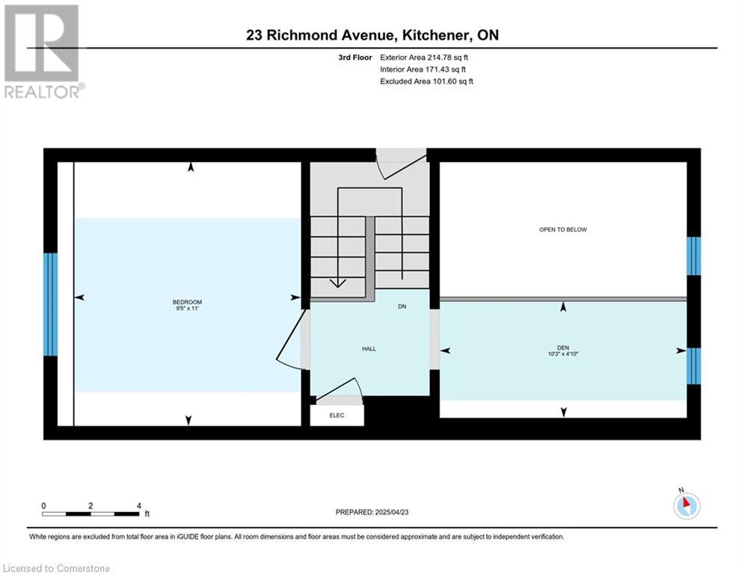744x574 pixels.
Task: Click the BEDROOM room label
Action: click(x=187, y=302)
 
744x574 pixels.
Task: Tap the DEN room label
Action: click(x=563, y=348)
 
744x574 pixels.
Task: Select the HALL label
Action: click(x=369, y=349)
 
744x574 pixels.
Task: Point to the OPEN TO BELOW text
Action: click(x=563, y=229)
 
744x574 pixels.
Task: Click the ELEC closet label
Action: click(x=337, y=416)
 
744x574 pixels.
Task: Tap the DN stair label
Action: click(x=402, y=306)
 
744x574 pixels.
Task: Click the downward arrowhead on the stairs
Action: click(x=337, y=283)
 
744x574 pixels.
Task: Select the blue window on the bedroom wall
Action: click(x=50, y=304)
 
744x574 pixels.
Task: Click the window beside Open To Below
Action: click(x=694, y=256)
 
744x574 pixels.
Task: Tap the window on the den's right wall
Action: click(x=694, y=366)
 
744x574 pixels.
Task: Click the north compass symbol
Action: click(x=686, y=504)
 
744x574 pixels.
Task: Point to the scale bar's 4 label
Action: click(x=138, y=506)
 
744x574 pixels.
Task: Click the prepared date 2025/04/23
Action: click(x=392, y=512)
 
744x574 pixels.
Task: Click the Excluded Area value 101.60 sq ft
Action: click(x=452, y=81)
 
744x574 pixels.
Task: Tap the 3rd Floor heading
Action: click(x=355, y=58)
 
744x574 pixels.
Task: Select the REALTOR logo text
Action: click(x=43, y=91)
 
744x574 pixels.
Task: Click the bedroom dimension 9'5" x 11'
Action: click(x=187, y=309)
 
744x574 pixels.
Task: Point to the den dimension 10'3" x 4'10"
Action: click(x=563, y=354)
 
